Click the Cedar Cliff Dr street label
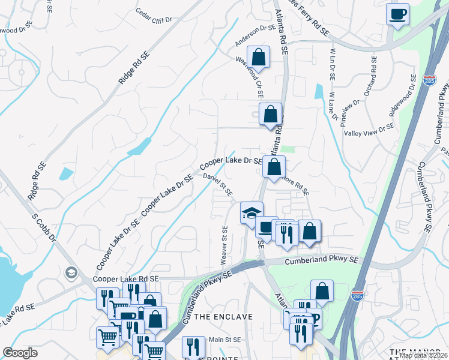coord(154,16)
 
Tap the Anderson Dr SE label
coord(255,35)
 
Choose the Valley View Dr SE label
coord(369,130)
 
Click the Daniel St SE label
coord(217,184)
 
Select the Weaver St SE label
coord(224,244)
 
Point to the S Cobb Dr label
coord(44,226)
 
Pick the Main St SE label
coord(224,340)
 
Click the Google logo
coord(20,353)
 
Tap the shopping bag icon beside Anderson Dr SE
coord(258,58)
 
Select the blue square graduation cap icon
coord(252,212)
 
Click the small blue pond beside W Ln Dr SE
coord(318,91)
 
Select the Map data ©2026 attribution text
coord(423,355)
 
